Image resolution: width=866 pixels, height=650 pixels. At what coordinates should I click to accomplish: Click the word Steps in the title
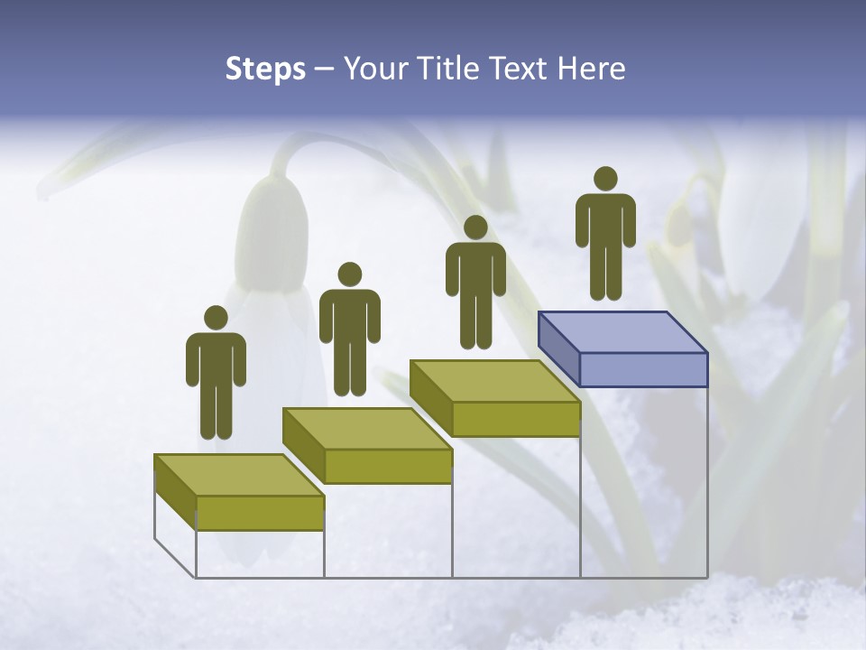point(265,70)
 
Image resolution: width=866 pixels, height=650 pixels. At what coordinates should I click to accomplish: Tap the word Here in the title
point(592,69)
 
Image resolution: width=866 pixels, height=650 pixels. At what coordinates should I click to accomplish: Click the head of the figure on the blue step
point(605,179)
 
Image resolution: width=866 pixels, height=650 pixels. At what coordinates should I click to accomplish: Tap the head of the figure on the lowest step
point(216,318)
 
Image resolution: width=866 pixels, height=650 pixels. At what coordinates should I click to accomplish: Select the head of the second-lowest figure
point(349,274)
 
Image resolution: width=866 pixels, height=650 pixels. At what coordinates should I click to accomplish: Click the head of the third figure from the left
point(475,227)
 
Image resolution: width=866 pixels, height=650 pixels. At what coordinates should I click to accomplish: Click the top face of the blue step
point(622,332)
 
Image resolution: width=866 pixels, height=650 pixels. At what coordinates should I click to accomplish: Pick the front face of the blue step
point(643,369)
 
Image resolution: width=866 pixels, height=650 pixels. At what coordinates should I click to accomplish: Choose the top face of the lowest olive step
point(239,475)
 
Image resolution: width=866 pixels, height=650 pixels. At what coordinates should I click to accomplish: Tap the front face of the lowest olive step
point(260,513)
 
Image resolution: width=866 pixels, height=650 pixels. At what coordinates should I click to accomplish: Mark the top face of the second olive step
point(367,428)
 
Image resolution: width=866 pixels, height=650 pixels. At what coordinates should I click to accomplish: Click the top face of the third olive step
point(494,381)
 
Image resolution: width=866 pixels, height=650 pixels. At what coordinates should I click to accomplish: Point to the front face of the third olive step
point(515,419)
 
